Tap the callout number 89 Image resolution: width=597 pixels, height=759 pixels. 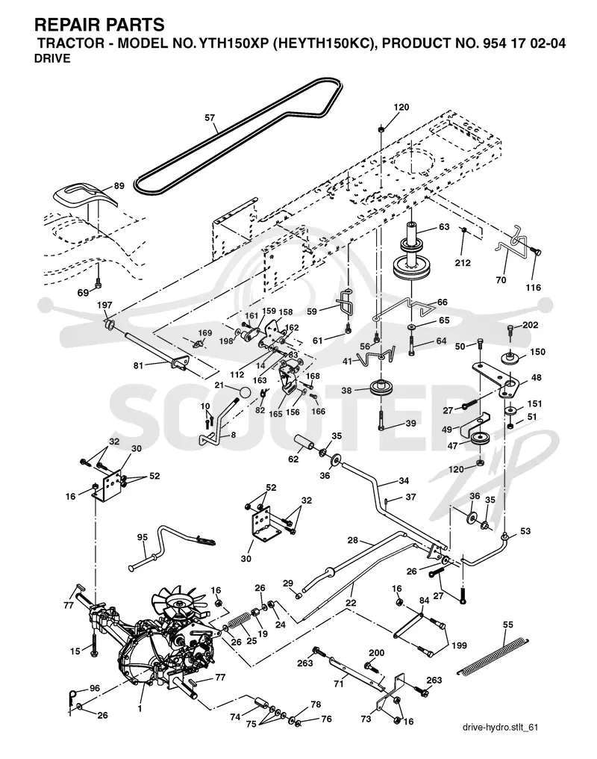click(119, 185)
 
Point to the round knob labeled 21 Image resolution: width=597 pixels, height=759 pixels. click(245, 391)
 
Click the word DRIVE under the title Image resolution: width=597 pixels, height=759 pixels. click(52, 58)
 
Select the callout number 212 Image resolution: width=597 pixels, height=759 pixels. click(463, 263)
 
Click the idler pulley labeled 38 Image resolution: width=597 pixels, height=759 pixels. click(381, 388)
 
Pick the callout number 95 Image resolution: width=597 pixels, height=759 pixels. click(142, 537)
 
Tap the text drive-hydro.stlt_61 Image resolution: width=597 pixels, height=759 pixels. click(500, 727)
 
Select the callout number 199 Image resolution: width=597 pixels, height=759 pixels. click(459, 645)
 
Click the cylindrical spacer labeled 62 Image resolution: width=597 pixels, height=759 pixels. click(304, 444)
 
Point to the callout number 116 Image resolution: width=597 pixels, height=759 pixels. click(533, 288)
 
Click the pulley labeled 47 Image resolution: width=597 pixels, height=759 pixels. click(481, 441)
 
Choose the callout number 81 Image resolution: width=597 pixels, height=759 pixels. click(138, 365)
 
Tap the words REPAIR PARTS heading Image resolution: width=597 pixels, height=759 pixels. click(99, 24)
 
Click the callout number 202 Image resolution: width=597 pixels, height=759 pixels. click(531, 325)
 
